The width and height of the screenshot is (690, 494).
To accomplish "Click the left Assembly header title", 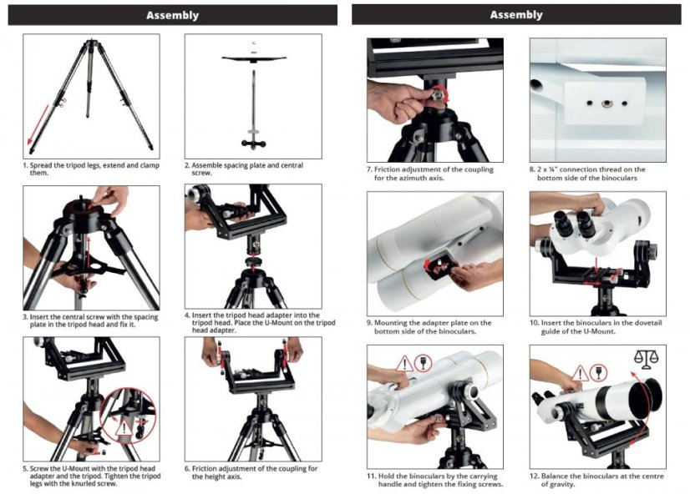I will pyautogui.click(x=173, y=14).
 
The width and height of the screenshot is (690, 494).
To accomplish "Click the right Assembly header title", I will pyautogui.click(x=515, y=14).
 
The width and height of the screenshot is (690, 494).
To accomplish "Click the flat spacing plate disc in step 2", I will pyautogui.click(x=253, y=58).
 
